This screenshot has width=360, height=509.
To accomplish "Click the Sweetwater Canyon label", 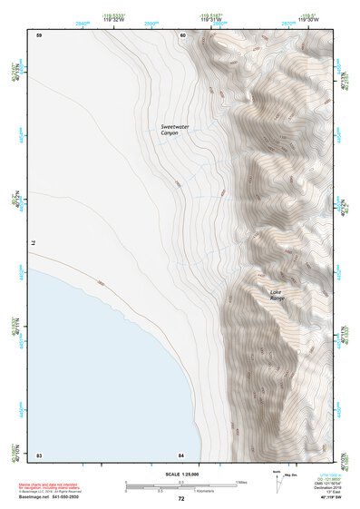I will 170,130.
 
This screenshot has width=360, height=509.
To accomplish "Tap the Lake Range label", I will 277,295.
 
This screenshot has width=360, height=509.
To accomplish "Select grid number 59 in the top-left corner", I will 39,34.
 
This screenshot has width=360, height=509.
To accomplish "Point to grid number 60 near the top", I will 182,34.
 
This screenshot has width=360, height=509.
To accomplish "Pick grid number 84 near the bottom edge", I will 181,455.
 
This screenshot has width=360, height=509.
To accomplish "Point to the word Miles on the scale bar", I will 241,481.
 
